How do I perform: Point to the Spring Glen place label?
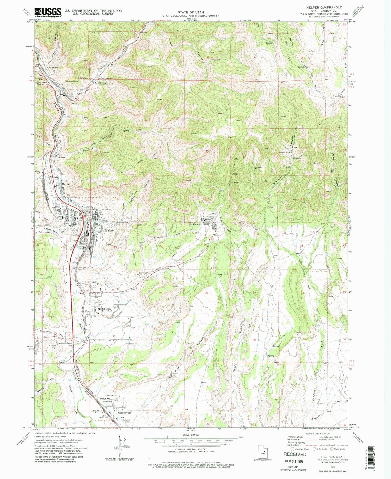tap(104, 309)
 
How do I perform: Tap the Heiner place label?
tap(62, 157)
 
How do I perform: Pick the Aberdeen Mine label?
tap(258, 168)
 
